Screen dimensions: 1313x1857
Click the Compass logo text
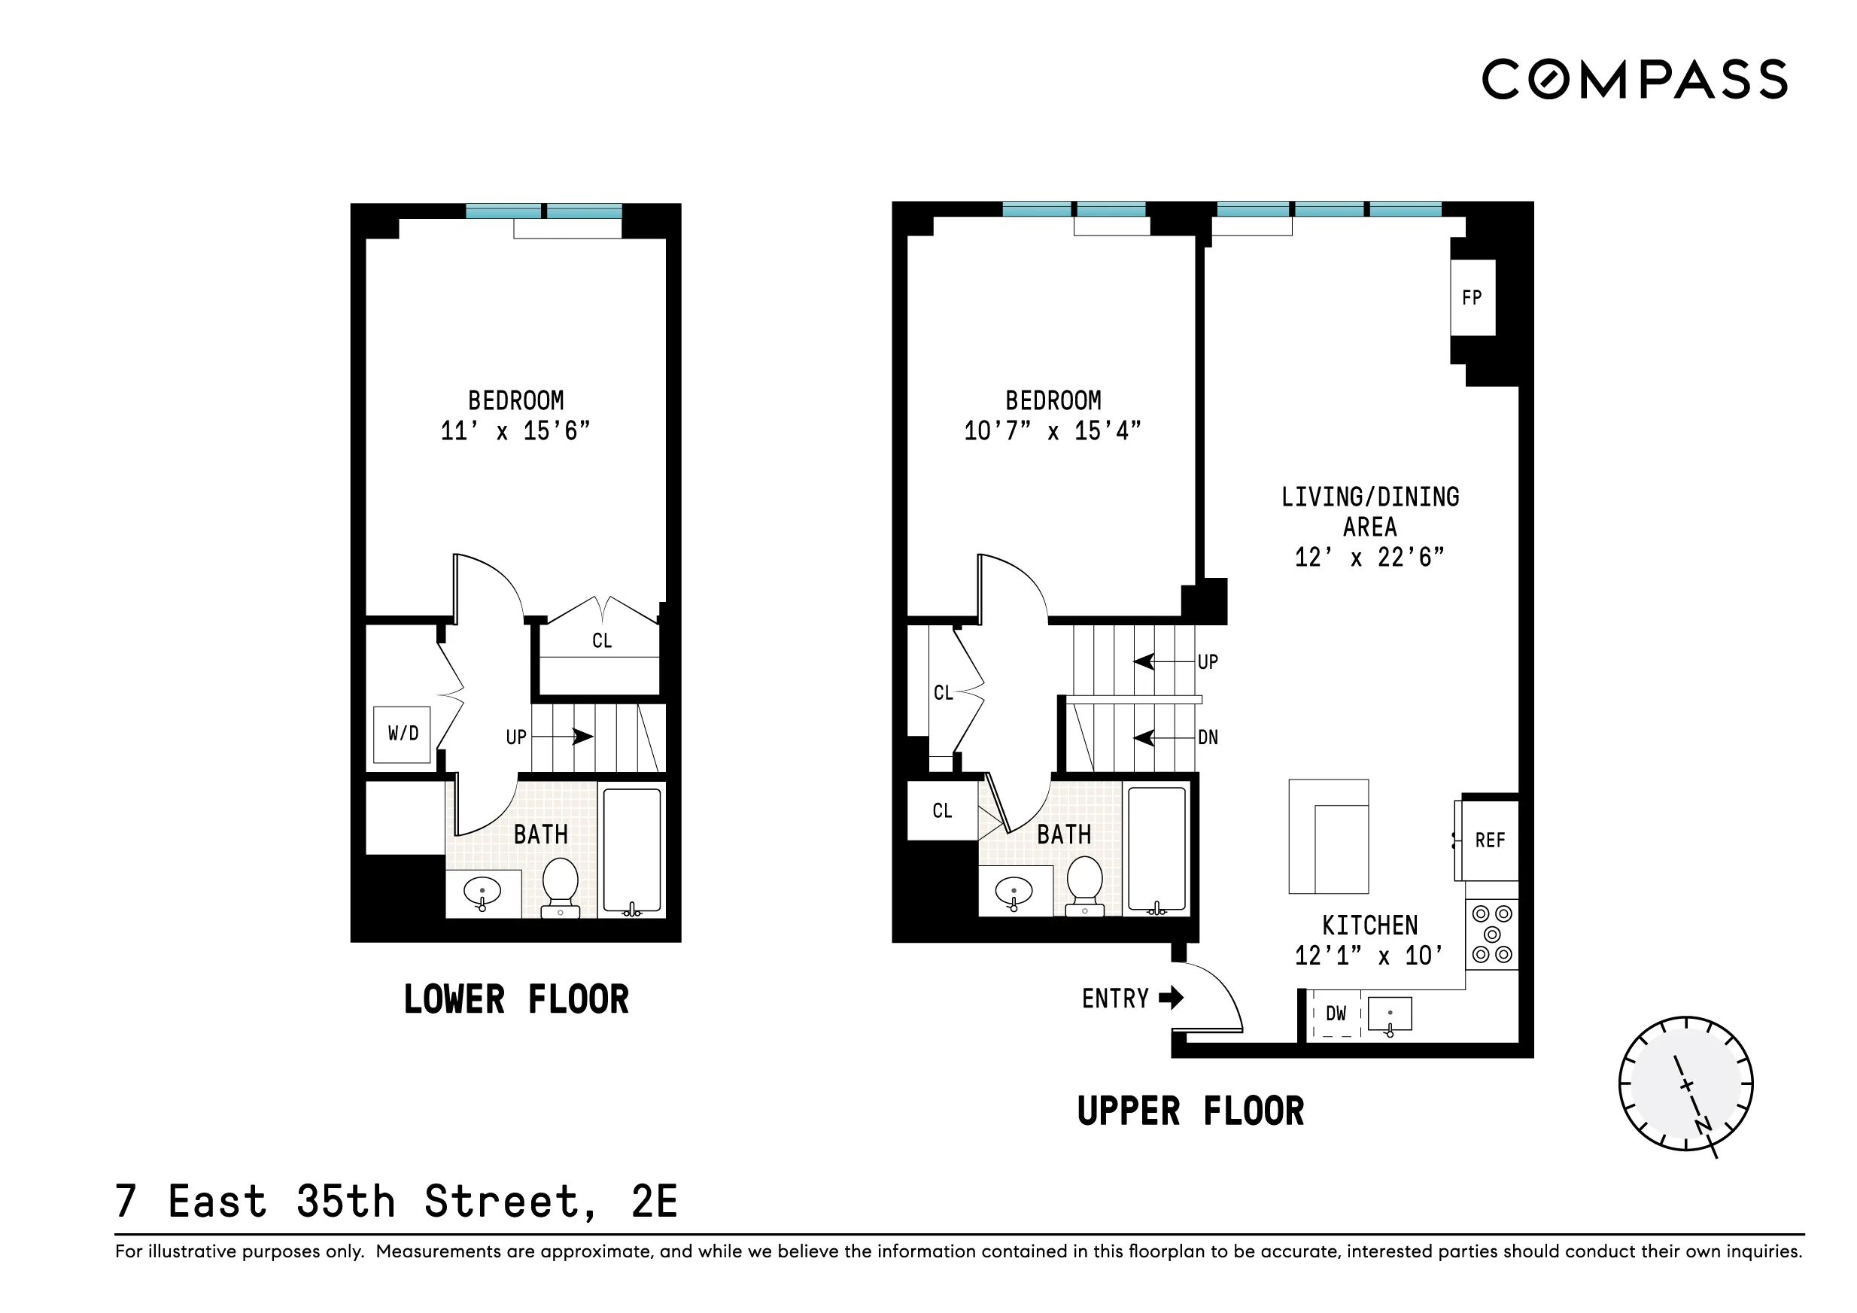click(x=1634, y=79)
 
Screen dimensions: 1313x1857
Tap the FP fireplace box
click(x=1471, y=298)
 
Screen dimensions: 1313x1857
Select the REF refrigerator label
click(x=1490, y=840)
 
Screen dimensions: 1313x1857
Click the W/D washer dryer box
click(x=402, y=734)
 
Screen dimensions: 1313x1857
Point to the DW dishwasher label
click(x=1336, y=1013)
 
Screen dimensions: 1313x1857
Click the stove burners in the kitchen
click(x=1492, y=935)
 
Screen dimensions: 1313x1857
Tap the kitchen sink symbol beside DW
click(x=1390, y=1014)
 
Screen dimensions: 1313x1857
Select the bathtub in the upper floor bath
click(x=1156, y=849)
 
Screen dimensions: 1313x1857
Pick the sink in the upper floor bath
click(x=1014, y=893)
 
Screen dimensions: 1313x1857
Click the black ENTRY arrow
click(x=1171, y=998)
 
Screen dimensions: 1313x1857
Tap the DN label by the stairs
click(x=1208, y=737)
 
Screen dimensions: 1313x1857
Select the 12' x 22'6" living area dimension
click(x=1369, y=558)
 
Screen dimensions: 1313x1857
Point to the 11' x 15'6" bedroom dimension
click(x=515, y=430)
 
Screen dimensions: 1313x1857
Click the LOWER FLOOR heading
click(x=516, y=999)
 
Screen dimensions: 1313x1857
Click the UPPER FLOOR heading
click(x=1190, y=1111)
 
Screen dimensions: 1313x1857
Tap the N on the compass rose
click(x=1704, y=1126)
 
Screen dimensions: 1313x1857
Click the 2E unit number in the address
click(x=654, y=1202)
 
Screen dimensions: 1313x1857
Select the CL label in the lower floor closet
click(x=602, y=641)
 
